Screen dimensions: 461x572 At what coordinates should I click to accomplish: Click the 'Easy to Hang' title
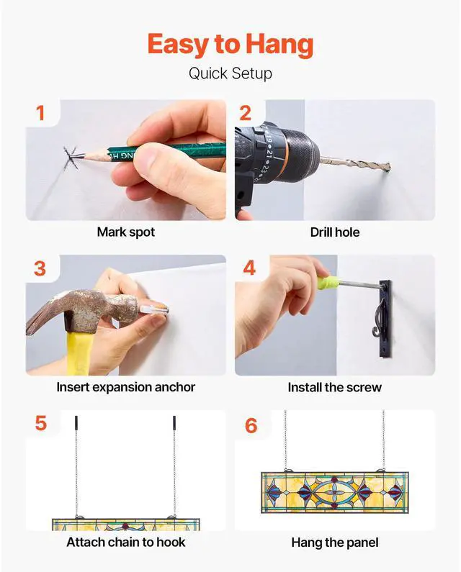tap(230, 45)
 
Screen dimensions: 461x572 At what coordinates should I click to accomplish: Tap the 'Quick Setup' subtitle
tap(230, 73)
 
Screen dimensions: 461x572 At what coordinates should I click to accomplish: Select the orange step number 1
tap(40, 113)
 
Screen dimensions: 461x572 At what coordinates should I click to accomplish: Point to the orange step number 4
tap(249, 268)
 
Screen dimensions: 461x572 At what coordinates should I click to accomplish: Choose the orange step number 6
tap(251, 426)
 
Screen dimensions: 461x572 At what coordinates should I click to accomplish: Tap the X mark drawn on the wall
tap(71, 158)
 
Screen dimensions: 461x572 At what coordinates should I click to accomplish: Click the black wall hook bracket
tap(385, 319)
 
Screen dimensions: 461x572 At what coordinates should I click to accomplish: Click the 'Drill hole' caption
tap(335, 232)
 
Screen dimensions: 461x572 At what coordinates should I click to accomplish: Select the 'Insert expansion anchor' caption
tap(125, 387)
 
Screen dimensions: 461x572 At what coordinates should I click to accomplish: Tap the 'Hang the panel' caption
tap(335, 543)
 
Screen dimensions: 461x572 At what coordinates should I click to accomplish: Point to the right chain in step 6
tap(383, 440)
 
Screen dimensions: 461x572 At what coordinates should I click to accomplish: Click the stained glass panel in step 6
tap(335, 492)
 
